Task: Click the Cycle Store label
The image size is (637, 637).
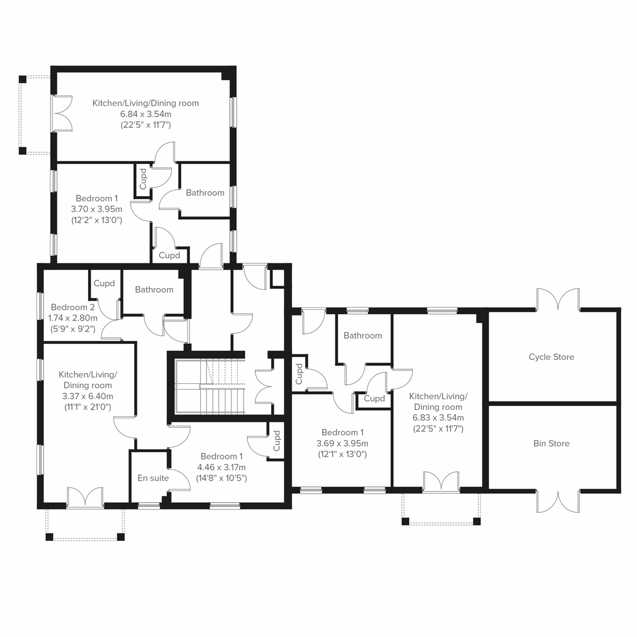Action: (x=551, y=357)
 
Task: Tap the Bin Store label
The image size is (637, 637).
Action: (x=551, y=444)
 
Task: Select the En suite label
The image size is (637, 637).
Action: (x=153, y=478)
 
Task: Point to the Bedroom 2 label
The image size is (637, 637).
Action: (x=73, y=307)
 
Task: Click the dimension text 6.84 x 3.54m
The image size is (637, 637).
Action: (x=145, y=114)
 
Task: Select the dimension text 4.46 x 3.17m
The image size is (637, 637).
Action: (x=221, y=468)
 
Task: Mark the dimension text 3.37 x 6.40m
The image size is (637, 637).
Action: (x=88, y=396)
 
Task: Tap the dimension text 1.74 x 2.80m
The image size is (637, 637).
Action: (x=73, y=318)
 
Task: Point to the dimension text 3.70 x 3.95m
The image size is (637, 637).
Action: (x=97, y=209)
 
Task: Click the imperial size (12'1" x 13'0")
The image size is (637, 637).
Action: (x=342, y=454)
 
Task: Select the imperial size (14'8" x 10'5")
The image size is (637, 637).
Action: (x=221, y=478)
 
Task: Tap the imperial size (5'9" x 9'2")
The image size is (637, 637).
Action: (x=73, y=329)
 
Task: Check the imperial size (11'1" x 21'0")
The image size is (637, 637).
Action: (x=88, y=407)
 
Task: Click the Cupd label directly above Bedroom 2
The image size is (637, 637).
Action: (x=104, y=283)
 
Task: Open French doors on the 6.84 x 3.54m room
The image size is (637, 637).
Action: (x=62, y=113)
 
